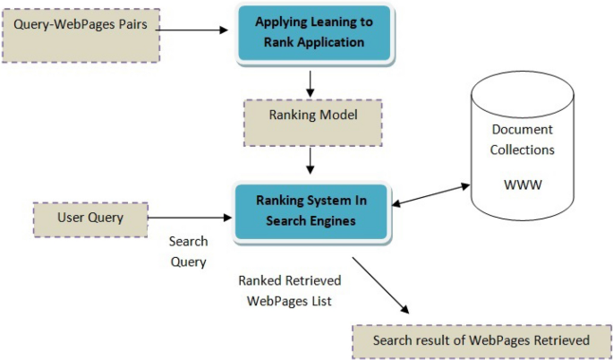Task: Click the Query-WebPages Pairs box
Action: (81, 33)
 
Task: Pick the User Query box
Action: (89, 219)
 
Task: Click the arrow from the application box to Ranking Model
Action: (310, 81)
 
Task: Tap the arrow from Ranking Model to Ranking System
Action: (310, 159)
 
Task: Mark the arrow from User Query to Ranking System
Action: (189, 218)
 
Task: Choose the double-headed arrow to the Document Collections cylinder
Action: (430, 196)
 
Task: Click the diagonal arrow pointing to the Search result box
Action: (380, 286)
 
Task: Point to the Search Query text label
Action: (188, 252)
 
